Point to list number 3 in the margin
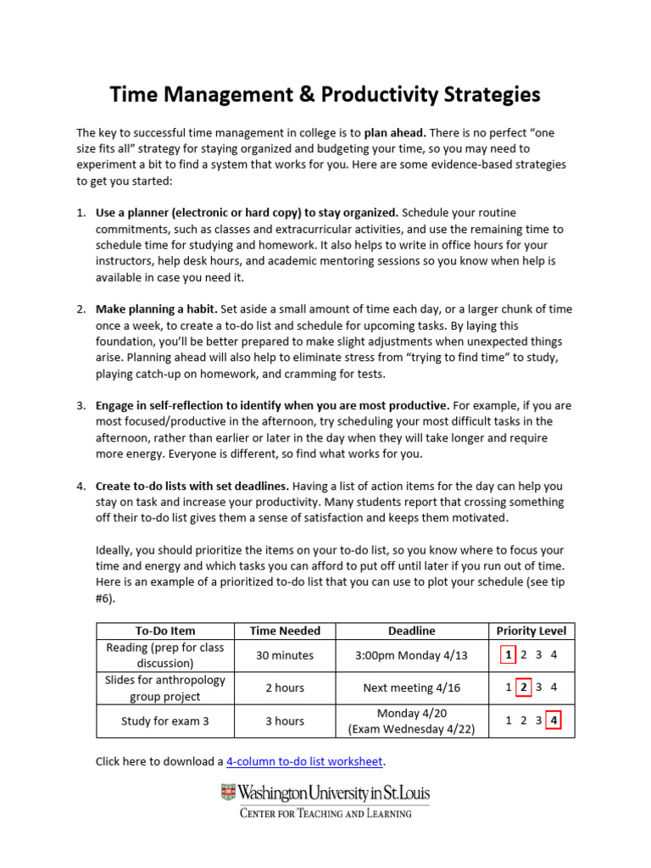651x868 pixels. click(x=81, y=405)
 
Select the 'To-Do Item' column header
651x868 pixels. click(x=165, y=631)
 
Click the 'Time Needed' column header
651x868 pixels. click(x=285, y=631)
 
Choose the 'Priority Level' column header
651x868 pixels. click(x=531, y=631)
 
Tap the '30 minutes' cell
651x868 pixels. click(x=285, y=655)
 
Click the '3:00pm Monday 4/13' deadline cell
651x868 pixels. click(x=411, y=655)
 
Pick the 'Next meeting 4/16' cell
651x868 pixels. click(x=411, y=688)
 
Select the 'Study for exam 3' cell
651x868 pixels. click(x=165, y=721)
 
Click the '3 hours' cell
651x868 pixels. click(x=285, y=721)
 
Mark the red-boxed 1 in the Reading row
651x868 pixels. click(x=508, y=655)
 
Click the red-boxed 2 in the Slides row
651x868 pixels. click(x=524, y=687)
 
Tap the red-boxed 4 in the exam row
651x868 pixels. click(x=554, y=721)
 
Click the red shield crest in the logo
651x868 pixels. click(x=228, y=793)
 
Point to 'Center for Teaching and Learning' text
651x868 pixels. click(x=325, y=814)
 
